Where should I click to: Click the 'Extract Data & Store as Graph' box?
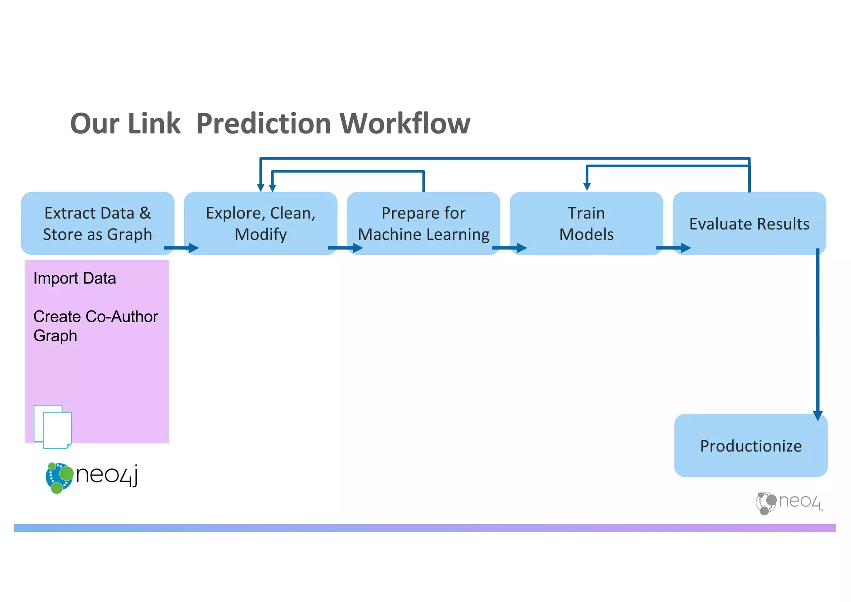[98, 223]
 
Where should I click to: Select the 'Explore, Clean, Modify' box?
[261, 223]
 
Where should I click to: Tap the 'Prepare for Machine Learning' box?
[423, 223]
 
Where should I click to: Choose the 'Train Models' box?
[586, 223]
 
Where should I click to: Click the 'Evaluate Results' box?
[749, 223]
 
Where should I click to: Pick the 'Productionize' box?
[751, 446]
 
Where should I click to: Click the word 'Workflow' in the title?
[405, 123]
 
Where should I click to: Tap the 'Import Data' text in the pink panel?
[74, 278]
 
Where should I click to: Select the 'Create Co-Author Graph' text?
[95, 326]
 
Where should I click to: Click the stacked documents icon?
[53, 427]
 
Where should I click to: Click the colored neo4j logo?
[91, 477]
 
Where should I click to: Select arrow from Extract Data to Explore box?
[181, 248]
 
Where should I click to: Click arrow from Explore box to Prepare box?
[345, 248]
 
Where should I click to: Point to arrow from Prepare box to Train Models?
[509, 248]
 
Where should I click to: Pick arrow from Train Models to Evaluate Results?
[673, 248]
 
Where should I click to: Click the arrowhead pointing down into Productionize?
[818, 416]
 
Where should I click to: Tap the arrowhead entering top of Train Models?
[587, 187]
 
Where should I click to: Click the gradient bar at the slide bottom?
[425, 528]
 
